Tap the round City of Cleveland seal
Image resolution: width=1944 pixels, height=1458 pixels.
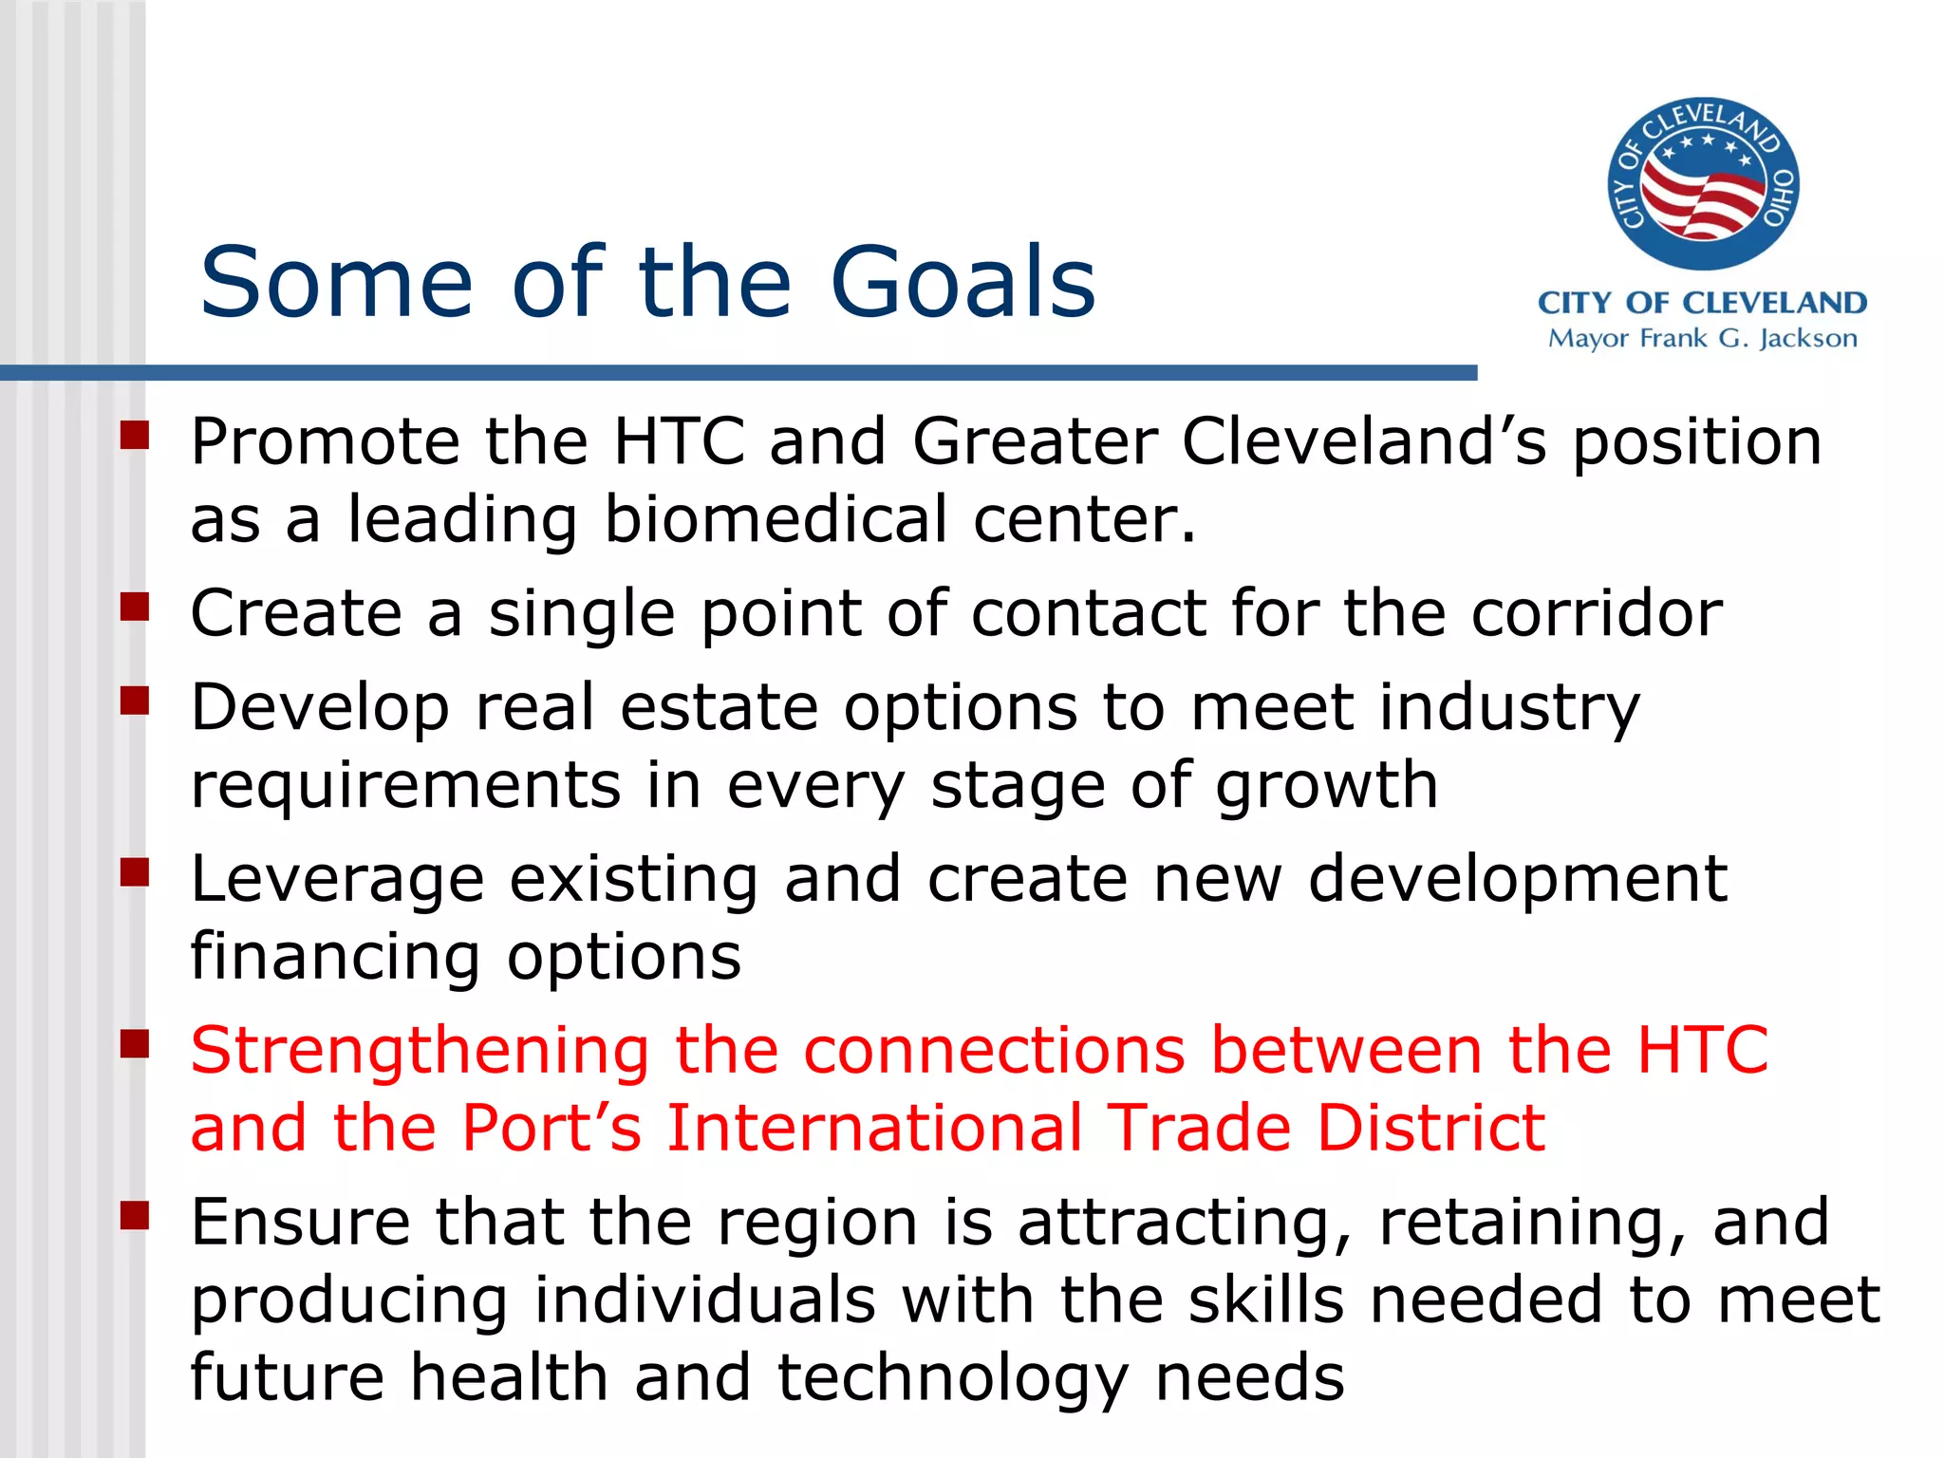click(1703, 183)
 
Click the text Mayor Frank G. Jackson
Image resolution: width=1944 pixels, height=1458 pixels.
click(1702, 339)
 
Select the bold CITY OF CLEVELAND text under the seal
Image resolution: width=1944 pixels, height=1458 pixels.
click(1702, 303)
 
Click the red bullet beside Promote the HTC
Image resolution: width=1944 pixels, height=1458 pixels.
click(135, 435)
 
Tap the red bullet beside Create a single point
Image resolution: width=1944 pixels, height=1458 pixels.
click(135, 606)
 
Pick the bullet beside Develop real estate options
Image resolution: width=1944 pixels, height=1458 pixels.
click(135, 701)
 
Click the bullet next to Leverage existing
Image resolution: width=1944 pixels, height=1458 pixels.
click(135, 871)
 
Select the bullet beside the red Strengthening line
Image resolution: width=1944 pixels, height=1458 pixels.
click(135, 1043)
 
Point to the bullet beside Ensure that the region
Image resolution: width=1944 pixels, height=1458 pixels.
click(135, 1214)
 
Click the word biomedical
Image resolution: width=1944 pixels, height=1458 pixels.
click(776, 519)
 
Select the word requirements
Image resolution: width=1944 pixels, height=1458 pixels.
click(405, 787)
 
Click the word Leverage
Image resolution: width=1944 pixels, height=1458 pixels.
click(338, 880)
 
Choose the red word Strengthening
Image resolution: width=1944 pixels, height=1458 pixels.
click(420, 1052)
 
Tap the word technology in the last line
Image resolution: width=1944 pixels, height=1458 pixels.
click(953, 1378)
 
